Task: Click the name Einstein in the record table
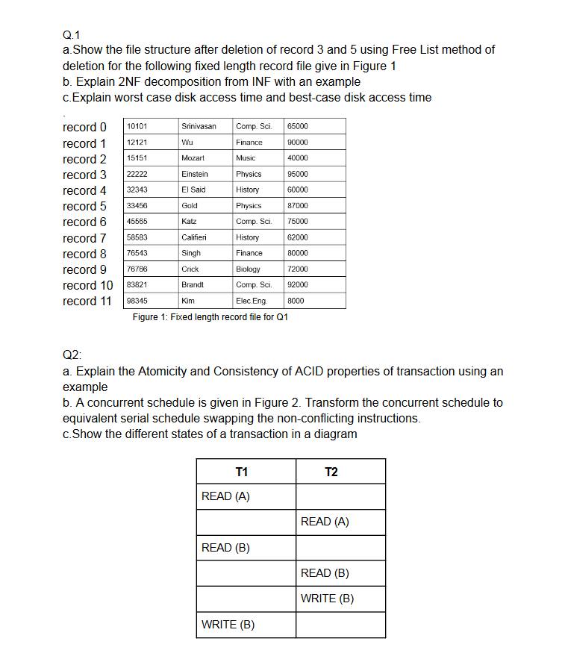[x=195, y=174]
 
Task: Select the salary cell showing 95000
[x=297, y=174]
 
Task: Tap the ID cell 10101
[x=137, y=127]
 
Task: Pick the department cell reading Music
[x=246, y=158]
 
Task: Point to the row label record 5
[x=84, y=206]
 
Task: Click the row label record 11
[x=87, y=301]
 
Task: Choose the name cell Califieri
[x=194, y=237]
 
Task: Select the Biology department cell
[x=248, y=269]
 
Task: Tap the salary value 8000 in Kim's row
[x=296, y=301]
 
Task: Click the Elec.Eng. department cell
[x=251, y=301]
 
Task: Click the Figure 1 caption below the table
[x=210, y=317]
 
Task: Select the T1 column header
[x=242, y=472]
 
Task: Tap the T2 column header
[x=331, y=472]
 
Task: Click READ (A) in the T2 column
[x=325, y=522]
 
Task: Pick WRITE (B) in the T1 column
[x=228, y=625]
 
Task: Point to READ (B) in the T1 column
[x=225, y=548]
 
